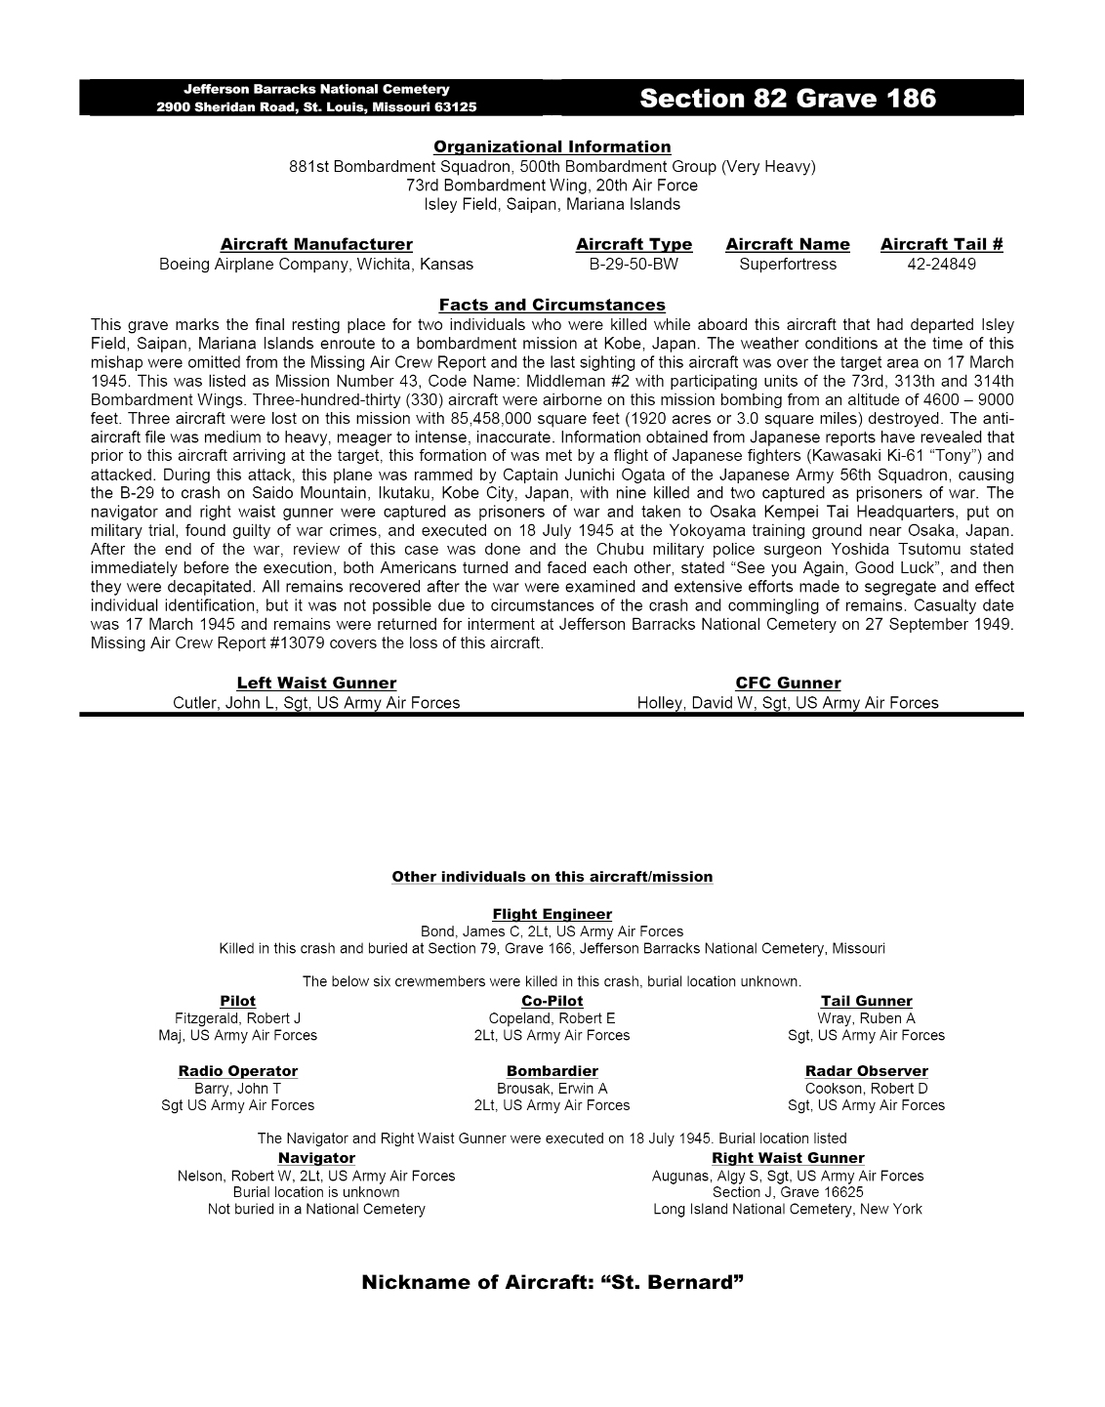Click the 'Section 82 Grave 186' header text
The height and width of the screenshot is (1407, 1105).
click(788, 99)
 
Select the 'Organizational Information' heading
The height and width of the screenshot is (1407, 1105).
click(552, 147)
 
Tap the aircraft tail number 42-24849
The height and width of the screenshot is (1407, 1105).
click(941, 264)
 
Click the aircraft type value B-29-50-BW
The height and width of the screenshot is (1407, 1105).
click(634, 264)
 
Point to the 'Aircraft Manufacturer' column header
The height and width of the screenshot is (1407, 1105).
click(316, 244)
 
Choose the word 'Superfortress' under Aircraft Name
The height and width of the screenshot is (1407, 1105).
click(787, 264)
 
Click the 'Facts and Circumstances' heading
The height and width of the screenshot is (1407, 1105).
click(552, 305)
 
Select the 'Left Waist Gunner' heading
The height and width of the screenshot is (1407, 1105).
click(316, 683)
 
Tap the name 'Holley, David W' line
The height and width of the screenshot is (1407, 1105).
click(787, 703)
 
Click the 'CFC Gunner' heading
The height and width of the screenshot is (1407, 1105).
click(787, 683)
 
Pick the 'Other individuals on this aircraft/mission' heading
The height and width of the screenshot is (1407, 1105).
click(552, 877)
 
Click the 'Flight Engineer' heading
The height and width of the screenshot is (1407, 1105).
click(552, 914)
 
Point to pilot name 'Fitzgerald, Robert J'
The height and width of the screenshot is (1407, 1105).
click(237, 1018)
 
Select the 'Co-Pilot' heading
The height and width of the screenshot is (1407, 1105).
click(552, 1001)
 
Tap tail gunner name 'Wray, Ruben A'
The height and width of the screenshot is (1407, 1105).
click(866, 1018)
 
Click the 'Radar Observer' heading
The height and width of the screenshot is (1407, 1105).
click(866, 1071)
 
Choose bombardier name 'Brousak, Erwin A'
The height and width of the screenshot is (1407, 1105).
click(552, 1089)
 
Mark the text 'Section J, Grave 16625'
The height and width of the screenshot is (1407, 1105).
click(787, 1192)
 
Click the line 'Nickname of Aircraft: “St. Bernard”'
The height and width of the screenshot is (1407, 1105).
click(552, 1282)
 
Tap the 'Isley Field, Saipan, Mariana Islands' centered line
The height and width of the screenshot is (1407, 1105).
click(552, 205)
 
